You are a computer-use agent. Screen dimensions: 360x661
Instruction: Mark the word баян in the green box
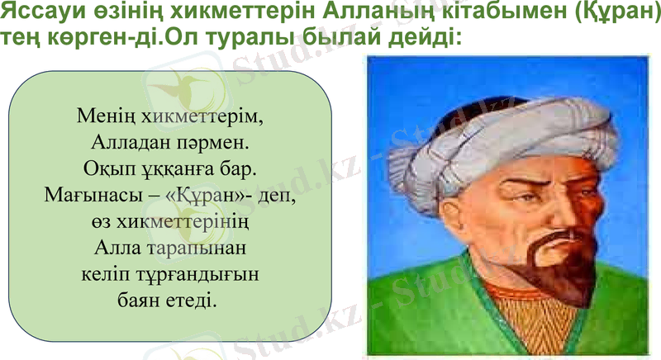[137, 300]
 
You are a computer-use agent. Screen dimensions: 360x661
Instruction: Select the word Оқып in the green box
[105, 169]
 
